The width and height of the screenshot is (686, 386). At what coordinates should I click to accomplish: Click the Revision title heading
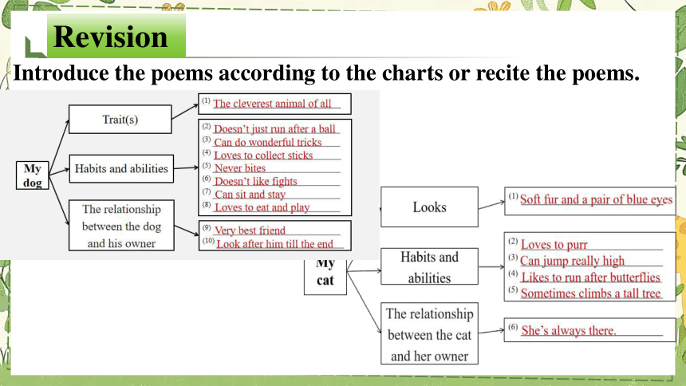tap(110, 37)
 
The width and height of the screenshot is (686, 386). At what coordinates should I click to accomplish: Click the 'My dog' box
tap(33, 175)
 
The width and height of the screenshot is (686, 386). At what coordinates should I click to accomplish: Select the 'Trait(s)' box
tap(120, 119)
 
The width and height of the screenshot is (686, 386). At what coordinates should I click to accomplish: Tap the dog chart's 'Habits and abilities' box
tap(121, 168)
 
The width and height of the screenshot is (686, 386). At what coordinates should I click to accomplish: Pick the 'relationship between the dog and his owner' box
tap(121, 226)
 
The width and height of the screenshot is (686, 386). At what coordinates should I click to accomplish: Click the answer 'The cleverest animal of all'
tap(272, 104)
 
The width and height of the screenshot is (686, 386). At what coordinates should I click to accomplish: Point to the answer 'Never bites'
tap(240, 168)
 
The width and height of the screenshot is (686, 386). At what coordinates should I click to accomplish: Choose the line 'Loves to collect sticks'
tap(263, 156)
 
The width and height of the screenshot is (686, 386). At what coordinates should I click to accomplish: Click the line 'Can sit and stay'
tap(250, 195)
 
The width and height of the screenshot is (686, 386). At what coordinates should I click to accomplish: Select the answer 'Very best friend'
tap(250, 230)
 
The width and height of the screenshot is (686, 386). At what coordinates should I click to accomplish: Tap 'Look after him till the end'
tap(274, 244)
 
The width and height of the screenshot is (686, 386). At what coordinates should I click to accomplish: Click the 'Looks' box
tap(430, 207)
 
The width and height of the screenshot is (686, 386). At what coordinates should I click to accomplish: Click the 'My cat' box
tap(325, 276)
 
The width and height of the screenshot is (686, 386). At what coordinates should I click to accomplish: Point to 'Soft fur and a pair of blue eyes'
tap(596, 199)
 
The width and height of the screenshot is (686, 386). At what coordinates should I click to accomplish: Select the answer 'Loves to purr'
tap(554, 245)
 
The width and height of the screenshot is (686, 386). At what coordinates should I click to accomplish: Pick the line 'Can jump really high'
tap(572, 261)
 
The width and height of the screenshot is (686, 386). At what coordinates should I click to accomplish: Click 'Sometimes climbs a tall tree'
tap(590, 293)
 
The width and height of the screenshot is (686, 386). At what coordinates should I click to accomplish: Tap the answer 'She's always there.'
tap(568, 330)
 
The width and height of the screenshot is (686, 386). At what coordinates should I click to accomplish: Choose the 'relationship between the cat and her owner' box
tap(430, 333)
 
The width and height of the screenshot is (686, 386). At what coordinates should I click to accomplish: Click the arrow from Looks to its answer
tap(491, 205)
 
